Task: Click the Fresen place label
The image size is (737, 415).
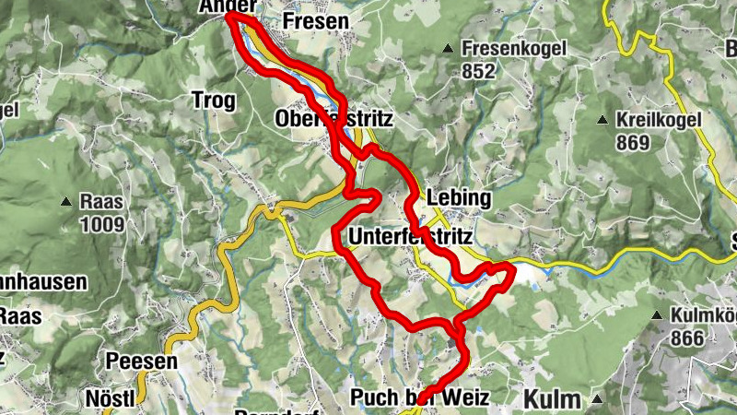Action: (317, 20)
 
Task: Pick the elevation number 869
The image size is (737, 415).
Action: (635, 143)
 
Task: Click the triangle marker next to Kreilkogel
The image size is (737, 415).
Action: (602, 120)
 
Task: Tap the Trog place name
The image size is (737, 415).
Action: (214, 100)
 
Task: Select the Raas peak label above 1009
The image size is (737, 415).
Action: (102, 201)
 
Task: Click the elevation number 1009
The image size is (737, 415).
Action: (102, 223)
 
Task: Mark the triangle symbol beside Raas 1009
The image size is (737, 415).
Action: (66, 201)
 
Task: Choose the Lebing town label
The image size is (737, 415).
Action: (459, 199)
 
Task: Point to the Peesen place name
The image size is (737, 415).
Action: (141, 362)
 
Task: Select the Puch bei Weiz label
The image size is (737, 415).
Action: (418, 397)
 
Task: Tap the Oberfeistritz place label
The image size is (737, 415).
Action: (334, 120)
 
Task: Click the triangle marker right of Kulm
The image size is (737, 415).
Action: (598, 399)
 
